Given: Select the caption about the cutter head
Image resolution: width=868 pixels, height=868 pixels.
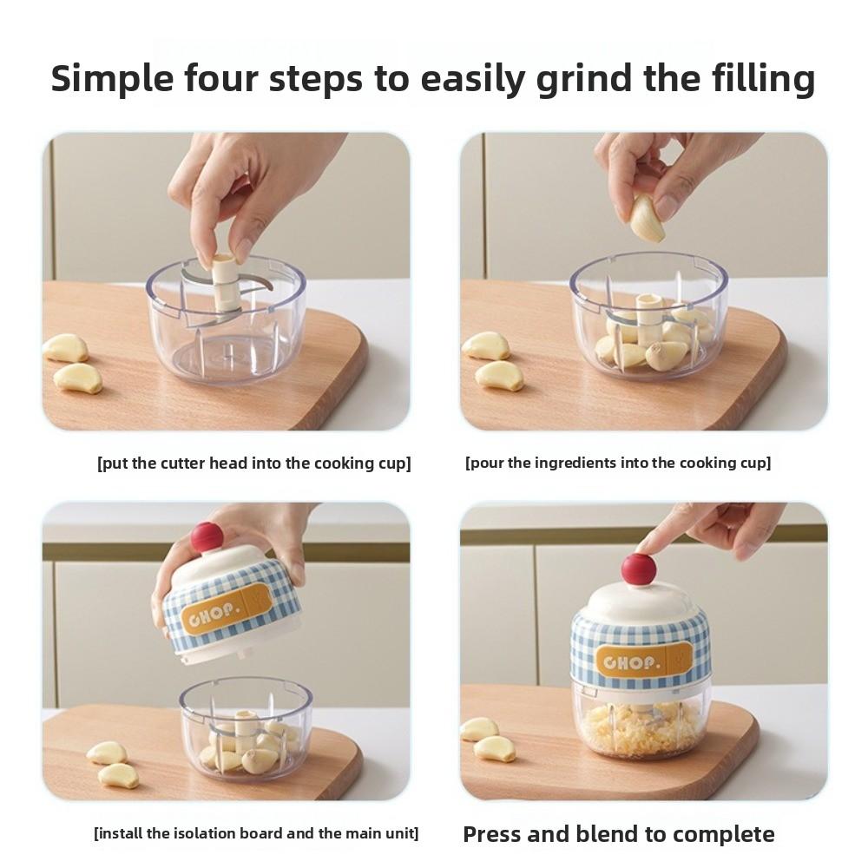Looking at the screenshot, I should tap(253, 464).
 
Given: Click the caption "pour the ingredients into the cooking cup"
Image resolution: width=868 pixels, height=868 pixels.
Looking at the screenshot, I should tap(618, 464).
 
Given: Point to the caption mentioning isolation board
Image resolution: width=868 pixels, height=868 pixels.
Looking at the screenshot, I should tap(256, 834).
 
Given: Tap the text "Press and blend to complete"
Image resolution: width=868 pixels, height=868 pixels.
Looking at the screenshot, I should tap(618, 835).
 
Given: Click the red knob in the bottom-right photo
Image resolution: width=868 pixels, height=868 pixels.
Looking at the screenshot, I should tap(639, 569).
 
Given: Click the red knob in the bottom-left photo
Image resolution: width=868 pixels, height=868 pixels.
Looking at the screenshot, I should tap(207, 537).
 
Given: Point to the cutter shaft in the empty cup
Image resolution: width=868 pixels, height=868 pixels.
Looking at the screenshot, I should tap(224, 282).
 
